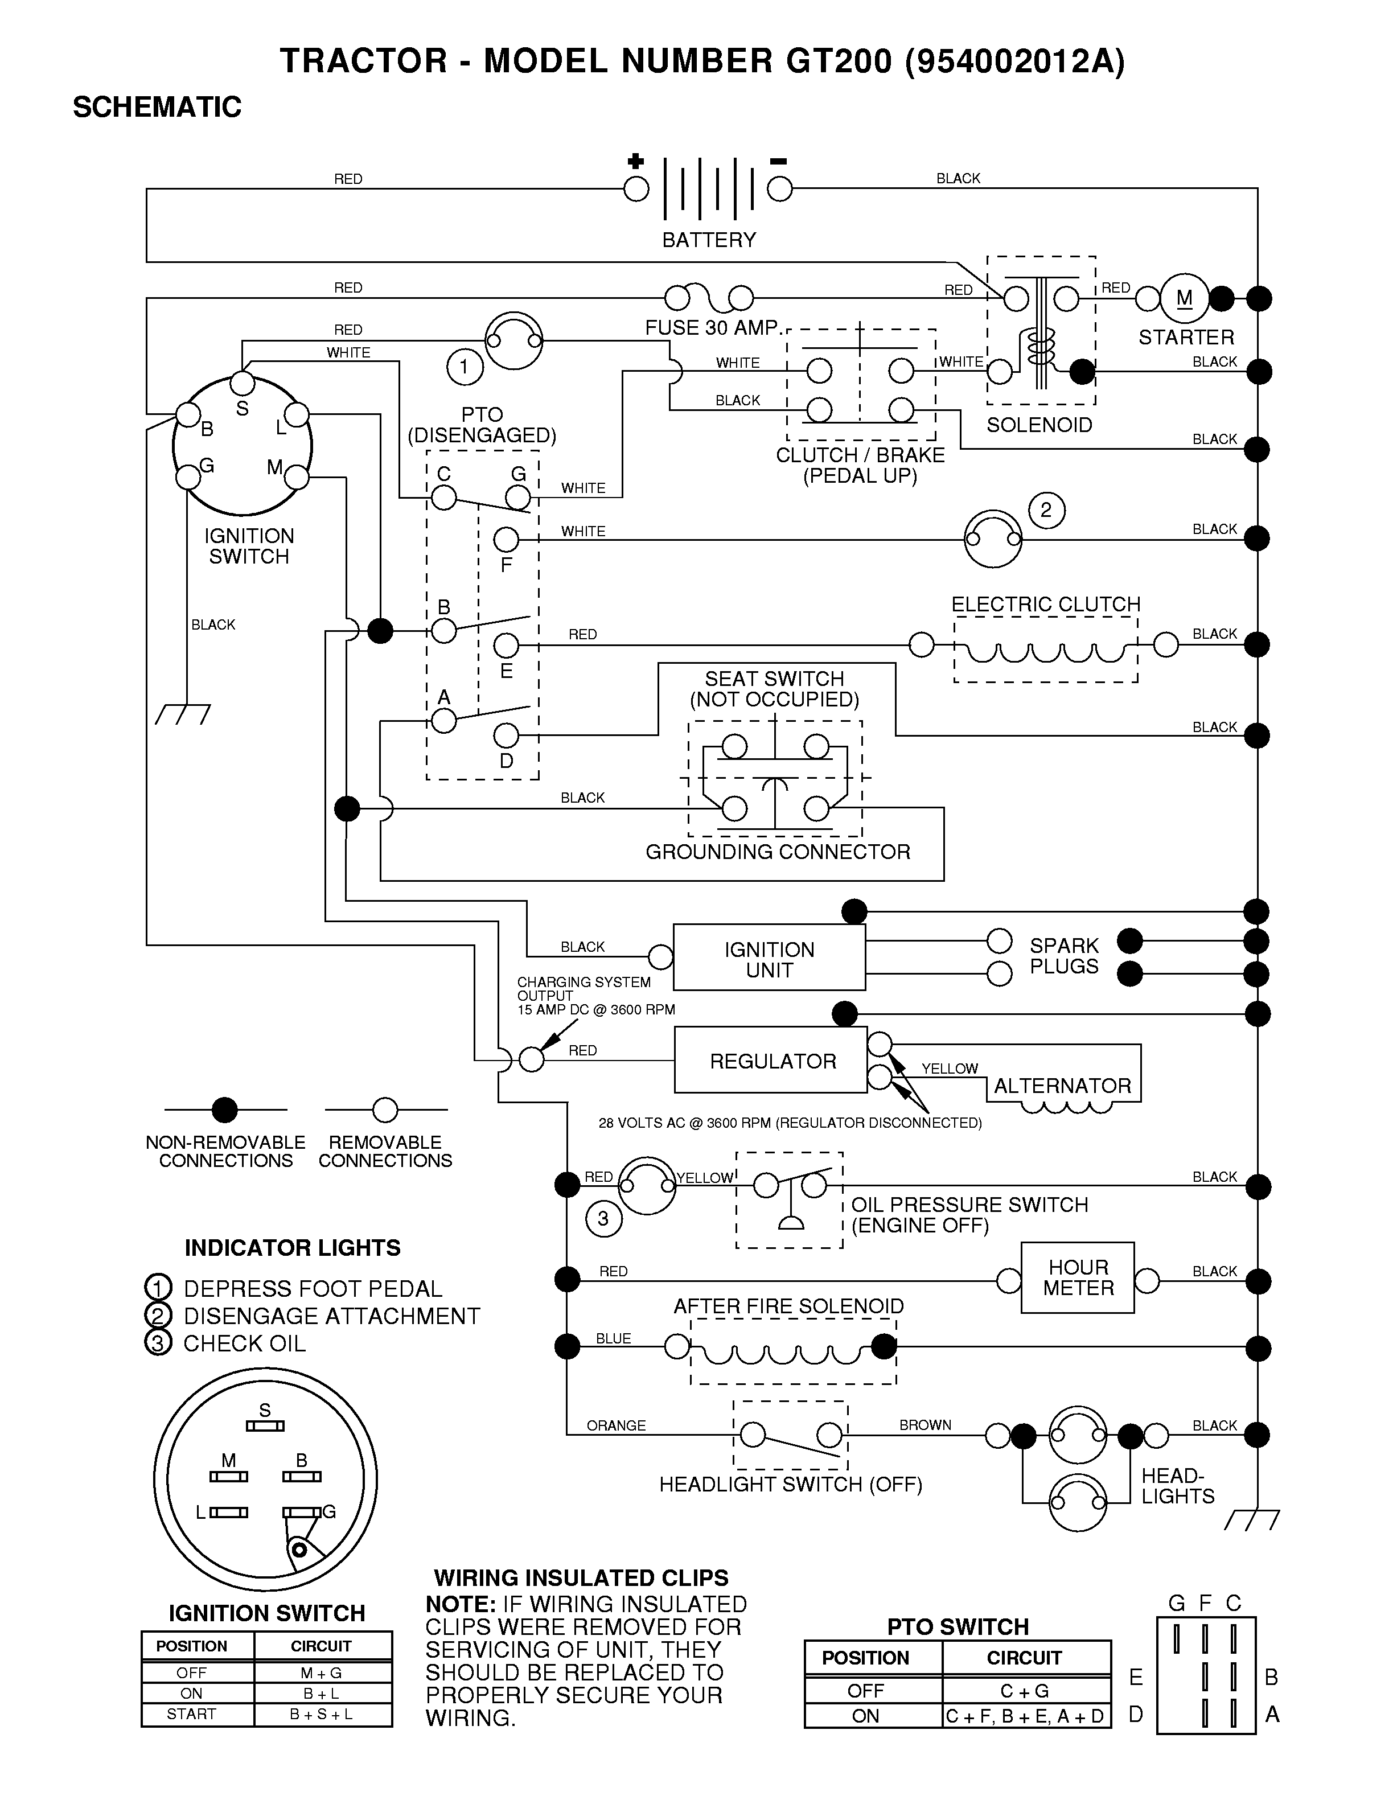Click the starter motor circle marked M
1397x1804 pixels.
coord(1184,298)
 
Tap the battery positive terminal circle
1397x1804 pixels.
coord(636,189)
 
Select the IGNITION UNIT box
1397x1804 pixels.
coord(769,958)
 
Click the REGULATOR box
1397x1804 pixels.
coord(771,1060)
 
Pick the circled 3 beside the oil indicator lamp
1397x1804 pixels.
coord(603,1218)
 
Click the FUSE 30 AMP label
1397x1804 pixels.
coord(712,328)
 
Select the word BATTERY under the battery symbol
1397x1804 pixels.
coord(709,240)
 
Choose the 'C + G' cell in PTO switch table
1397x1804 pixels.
coord(1025,1691)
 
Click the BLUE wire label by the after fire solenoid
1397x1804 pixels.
coord(613,1338)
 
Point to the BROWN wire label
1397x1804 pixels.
coord(925,1425)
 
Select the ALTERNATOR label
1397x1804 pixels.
coord(1062,1086)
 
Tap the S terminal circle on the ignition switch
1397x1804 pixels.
coord(242,383)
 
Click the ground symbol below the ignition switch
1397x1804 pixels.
coord(183,714)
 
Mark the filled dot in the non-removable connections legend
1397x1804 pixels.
coord(225,1109)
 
